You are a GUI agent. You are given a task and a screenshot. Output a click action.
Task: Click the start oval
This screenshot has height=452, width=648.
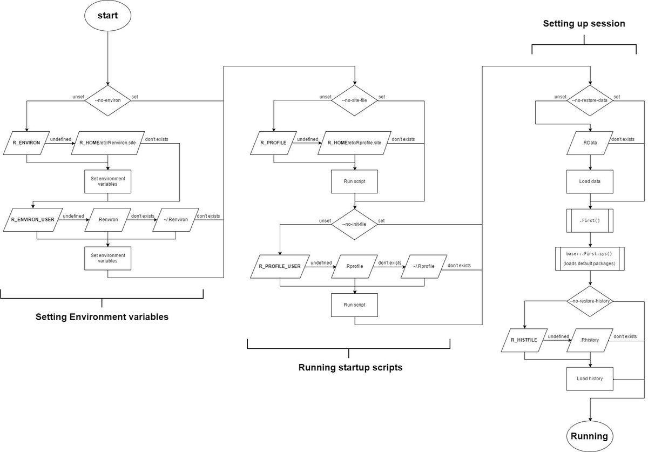[107, 16]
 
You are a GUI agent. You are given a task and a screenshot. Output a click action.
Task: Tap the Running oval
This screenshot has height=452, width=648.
[590, 436]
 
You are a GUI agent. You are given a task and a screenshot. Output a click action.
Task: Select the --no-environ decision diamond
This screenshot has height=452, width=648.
[107, 100]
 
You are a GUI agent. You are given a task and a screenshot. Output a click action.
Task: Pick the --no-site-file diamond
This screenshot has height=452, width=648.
[354, 100]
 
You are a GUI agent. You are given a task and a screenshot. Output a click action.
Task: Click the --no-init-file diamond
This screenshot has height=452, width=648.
[354, 224]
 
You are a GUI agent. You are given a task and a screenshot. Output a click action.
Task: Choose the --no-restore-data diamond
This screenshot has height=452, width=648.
[590, 100]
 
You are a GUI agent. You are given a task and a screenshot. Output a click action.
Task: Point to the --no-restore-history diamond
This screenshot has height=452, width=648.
[590, 301]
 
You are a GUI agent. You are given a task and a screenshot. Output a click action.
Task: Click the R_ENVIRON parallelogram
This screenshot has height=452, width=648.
[26, 143]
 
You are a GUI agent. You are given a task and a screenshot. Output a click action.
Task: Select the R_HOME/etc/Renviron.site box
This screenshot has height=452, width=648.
[107, 143]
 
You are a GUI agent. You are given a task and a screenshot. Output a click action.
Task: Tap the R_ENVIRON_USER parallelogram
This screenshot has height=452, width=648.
[33, 220]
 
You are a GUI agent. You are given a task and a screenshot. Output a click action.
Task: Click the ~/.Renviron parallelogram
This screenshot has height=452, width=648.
[175, 220]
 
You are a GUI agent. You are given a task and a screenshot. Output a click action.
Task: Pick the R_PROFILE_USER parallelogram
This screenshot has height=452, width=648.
[280, 267]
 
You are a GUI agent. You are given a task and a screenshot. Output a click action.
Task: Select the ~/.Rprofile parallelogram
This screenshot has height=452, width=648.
[424, 267]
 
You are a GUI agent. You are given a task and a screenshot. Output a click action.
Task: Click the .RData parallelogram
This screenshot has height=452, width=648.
[590, 143]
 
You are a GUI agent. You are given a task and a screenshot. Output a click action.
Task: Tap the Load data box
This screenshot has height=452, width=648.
[590, 181]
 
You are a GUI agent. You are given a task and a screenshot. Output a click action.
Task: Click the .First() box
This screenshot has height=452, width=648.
[590, 220]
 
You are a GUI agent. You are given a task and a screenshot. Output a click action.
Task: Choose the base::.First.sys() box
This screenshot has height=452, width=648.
[590, 259]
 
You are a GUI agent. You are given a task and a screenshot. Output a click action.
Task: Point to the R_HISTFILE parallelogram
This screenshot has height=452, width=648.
[524, 340]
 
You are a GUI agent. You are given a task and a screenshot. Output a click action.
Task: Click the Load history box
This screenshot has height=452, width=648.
[590, 379]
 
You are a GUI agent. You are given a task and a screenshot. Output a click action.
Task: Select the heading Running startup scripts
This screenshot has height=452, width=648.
[350, 368]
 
